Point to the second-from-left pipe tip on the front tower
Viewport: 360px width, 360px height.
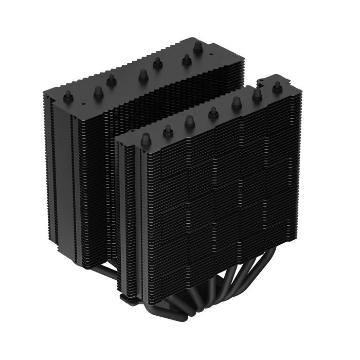(x=168, y=132)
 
